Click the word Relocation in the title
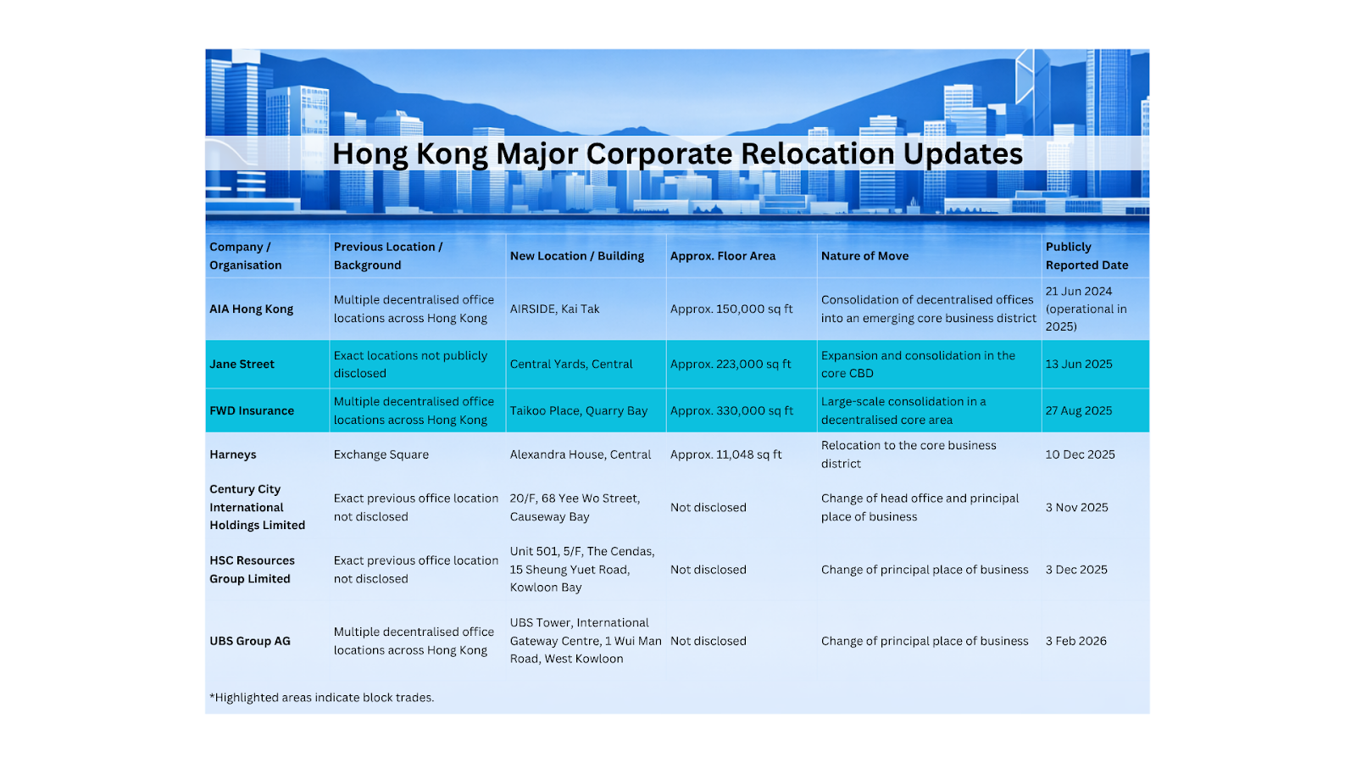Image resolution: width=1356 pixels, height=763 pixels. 817,153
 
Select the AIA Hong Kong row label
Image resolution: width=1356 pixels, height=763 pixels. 251,309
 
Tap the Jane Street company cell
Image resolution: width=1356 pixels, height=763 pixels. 242,364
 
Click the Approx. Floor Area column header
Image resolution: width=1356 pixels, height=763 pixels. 723,256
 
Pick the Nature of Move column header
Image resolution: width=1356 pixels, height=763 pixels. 864,256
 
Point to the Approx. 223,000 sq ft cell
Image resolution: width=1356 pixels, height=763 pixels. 730,364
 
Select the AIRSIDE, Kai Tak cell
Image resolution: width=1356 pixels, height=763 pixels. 554,309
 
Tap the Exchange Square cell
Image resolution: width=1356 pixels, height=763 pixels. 381,454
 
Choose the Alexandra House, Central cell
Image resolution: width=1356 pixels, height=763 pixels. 580,454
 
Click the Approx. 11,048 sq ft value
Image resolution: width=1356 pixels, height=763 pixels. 725,454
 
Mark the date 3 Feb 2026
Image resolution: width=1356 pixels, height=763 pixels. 1075,641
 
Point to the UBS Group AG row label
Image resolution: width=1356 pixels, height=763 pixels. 250,641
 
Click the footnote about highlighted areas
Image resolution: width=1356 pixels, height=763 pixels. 321,698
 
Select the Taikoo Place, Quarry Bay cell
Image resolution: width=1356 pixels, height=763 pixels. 578,410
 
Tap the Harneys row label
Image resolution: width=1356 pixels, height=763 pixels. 232,454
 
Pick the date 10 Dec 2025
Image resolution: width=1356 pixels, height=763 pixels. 1080,454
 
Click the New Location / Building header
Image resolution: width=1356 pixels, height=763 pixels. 577,256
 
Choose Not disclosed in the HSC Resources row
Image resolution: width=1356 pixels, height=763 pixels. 708,570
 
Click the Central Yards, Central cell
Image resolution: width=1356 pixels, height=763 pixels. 571,364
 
